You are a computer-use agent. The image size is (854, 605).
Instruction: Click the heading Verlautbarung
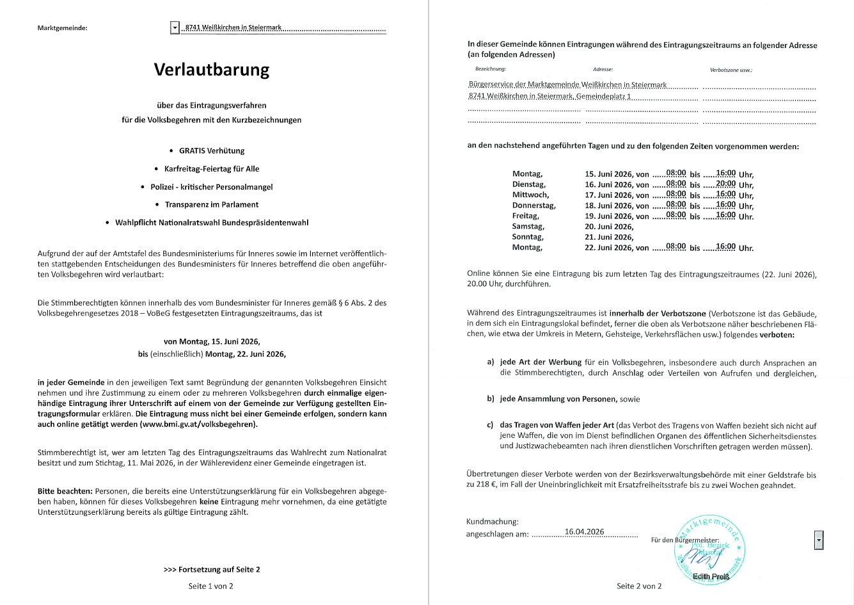pos(211,69)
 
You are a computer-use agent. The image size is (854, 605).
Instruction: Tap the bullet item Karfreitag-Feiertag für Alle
pos(212,169)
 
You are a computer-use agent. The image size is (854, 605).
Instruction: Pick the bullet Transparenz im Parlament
pos(212,205)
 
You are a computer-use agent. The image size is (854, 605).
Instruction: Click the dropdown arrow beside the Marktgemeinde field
pos(175,28)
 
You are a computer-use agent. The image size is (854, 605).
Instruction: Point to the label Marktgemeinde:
pos(63,28)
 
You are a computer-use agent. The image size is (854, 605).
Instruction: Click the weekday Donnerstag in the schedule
pos(534,206)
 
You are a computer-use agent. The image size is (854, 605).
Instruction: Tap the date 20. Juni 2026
pos(609,227)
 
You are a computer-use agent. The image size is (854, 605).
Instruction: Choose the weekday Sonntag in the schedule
pos(528,237)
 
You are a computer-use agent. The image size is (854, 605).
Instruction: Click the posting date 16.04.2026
pos(584,532)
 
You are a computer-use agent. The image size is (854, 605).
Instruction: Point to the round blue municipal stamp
pos(710,548)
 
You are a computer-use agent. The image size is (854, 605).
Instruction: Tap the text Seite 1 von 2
pos(211,586)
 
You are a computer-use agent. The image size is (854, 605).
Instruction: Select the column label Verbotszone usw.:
pos(731,70)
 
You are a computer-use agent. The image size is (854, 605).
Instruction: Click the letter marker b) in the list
pos(491,399)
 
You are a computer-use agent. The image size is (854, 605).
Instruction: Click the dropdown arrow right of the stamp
pos(819,540)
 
